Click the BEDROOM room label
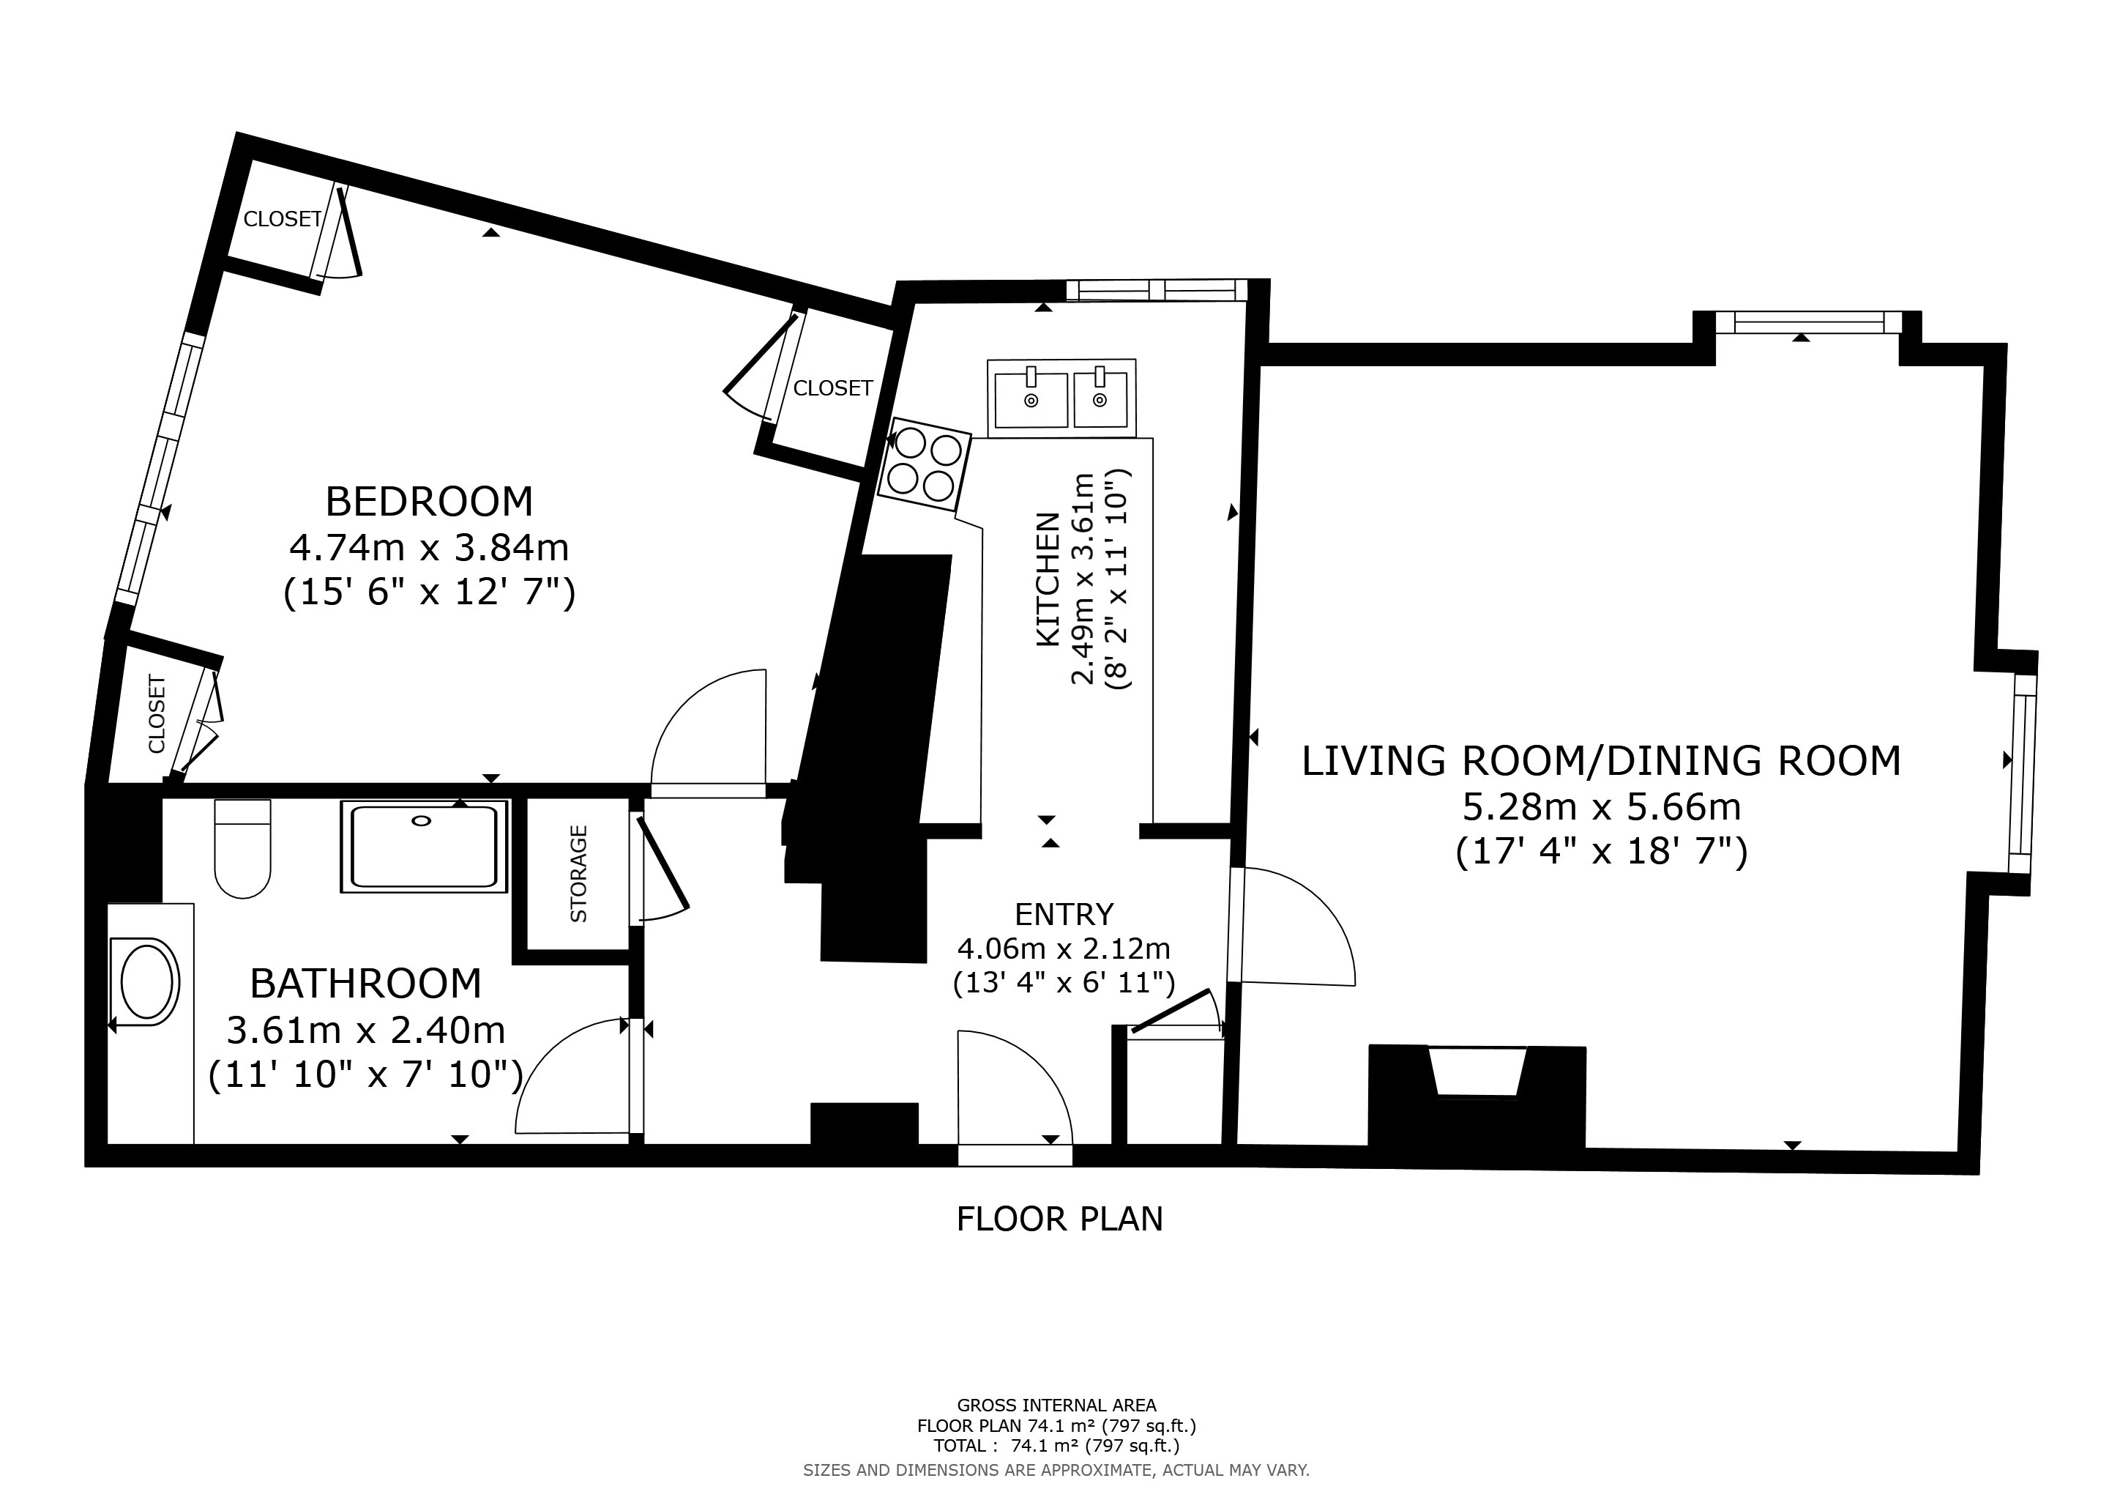click(430, 502)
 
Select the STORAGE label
click(579, 874)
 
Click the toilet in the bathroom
click(243, 848)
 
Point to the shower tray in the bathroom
click(425, 846)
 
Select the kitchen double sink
click(1062, 397)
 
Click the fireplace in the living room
click(1477, 1096)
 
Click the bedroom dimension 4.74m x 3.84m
click(430, 549)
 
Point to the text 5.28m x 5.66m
click(1602, 807)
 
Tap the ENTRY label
click(1064, 914)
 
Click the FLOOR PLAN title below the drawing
click(1060, 1219)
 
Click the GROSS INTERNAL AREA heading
click(1056, 1405)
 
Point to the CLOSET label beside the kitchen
click(833, 388)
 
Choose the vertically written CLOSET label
click(156, 714)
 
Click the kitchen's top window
click(1157, 290)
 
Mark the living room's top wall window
click(1809, 322)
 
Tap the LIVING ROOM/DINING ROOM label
click(1602, 761)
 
